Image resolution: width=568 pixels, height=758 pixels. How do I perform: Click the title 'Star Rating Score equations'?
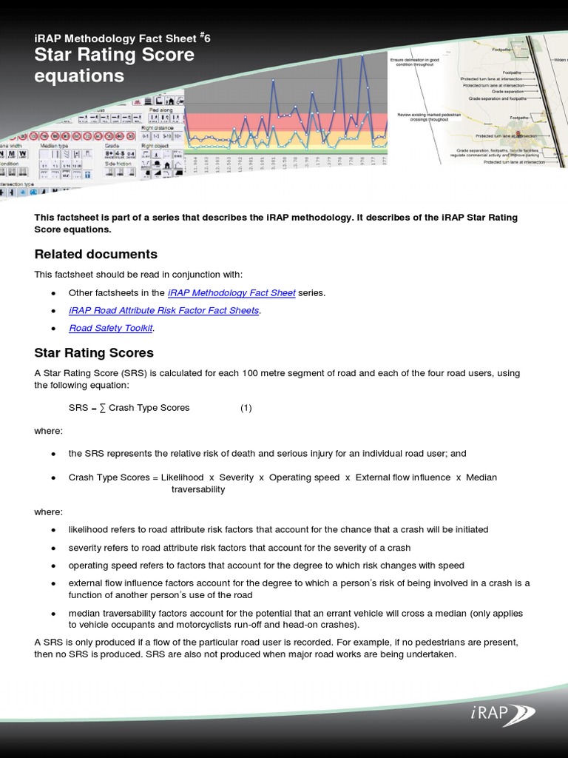pos(115,65)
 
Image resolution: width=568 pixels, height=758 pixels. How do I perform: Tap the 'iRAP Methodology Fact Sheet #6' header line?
pos(123,38)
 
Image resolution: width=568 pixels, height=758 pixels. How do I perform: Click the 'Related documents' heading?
pos(95,254)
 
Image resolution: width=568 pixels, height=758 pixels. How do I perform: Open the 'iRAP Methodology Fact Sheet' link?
pos(231,292)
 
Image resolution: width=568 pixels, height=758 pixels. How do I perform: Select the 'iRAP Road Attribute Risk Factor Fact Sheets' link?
pos(163,310)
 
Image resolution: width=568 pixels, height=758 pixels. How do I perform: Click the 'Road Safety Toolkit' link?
pos(111,328)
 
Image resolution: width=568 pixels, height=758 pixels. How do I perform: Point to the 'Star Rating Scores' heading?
pos(94,352)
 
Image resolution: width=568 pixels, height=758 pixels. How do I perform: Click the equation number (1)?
pos(246,407)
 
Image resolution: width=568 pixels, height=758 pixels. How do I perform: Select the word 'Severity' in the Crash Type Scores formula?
pos(236,477)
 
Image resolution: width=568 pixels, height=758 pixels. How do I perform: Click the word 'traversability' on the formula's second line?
pos(198,489)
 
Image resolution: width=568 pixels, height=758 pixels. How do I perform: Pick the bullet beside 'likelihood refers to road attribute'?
pos(53,530)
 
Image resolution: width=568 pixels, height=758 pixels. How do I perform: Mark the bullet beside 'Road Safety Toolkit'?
pos(53,328)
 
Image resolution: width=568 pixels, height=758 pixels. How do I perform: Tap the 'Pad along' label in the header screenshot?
pos(160,110)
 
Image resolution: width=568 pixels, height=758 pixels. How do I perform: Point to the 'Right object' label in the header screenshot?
pos(156,147)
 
